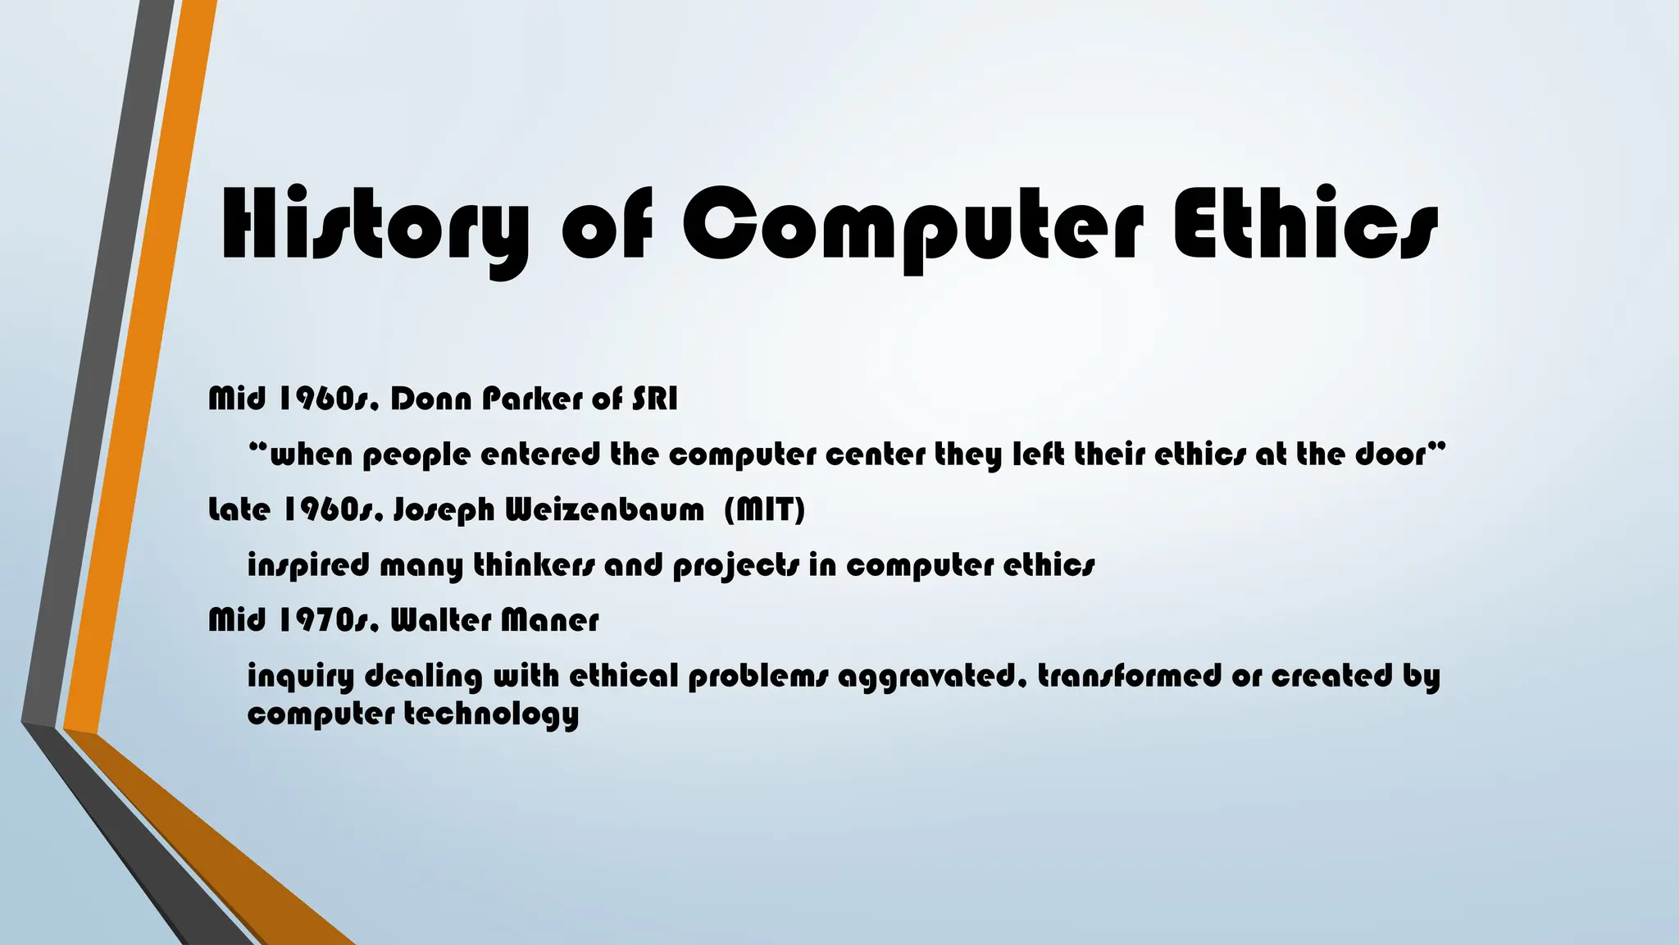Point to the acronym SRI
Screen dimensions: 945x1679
click(x=655, y=399)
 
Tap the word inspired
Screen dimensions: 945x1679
click(x=308, y=566)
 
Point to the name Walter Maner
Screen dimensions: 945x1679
click(x=494, y=620)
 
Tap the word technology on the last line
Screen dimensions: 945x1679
click(x=492, y=714)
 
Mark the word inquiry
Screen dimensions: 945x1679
click(x=301, y=677)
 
